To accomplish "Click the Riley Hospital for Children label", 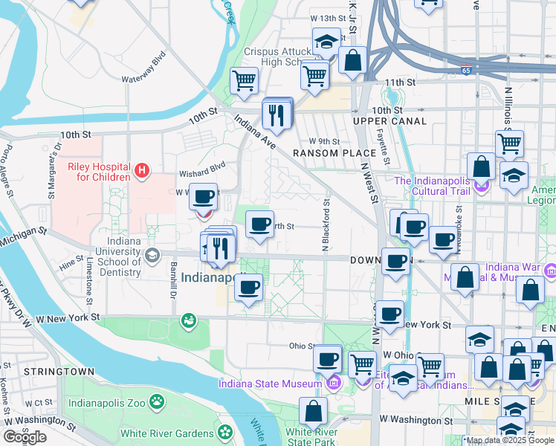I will pos(100,172).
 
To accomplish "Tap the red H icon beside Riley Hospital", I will pos(141,172).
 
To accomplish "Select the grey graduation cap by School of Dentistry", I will pos(153,256).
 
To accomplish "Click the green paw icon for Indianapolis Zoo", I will pos(156,403).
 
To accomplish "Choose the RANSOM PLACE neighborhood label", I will pos(326,153).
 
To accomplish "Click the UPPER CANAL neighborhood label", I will pos(389,121).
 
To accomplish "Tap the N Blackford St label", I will pos(325,224).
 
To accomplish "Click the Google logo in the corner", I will pos(25,437).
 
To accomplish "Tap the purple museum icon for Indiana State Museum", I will pos(332,384).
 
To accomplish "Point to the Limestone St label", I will pos(88,279).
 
